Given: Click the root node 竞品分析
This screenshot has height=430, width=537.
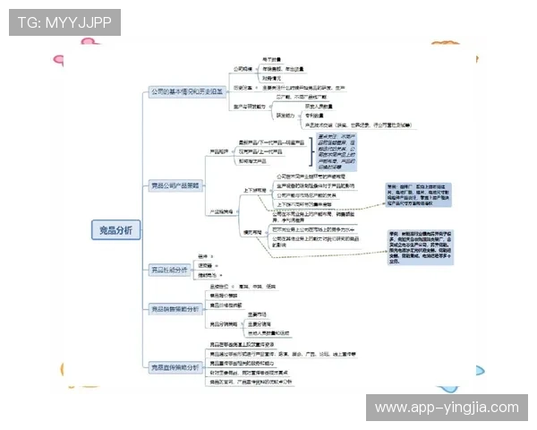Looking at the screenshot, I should tap(116, 230).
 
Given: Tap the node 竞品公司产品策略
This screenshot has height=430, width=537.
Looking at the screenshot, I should tap(176, 185).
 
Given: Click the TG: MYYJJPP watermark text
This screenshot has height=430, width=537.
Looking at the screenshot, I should tap(64, 22).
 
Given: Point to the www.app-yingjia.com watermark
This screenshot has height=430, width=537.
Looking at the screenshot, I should tap(447, 408).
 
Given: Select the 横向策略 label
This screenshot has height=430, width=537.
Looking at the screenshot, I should tap(254, 231).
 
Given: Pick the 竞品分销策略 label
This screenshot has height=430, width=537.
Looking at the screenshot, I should tap(225, 324).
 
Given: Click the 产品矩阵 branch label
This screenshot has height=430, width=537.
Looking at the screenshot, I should tap(218, 151).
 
